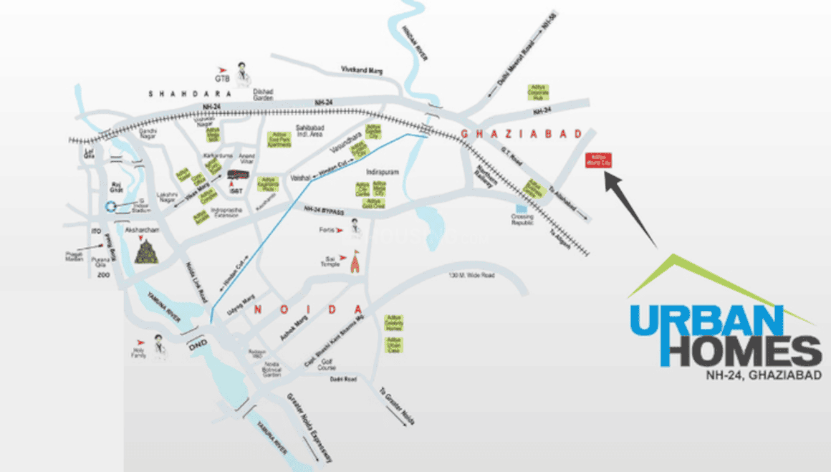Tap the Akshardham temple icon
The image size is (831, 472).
(x=146, y=251)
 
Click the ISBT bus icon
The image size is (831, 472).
(x=236, y=174)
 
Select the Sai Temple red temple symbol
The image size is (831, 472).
(x=352, y=264)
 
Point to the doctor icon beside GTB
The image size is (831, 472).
(x=244, y=72)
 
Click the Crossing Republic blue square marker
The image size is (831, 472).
(x=522, y=209)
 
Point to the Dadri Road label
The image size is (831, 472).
(x=344, y=379)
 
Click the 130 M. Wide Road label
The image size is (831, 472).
(x=471, y=276)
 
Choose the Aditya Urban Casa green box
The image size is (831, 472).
(x=394, y=344)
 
